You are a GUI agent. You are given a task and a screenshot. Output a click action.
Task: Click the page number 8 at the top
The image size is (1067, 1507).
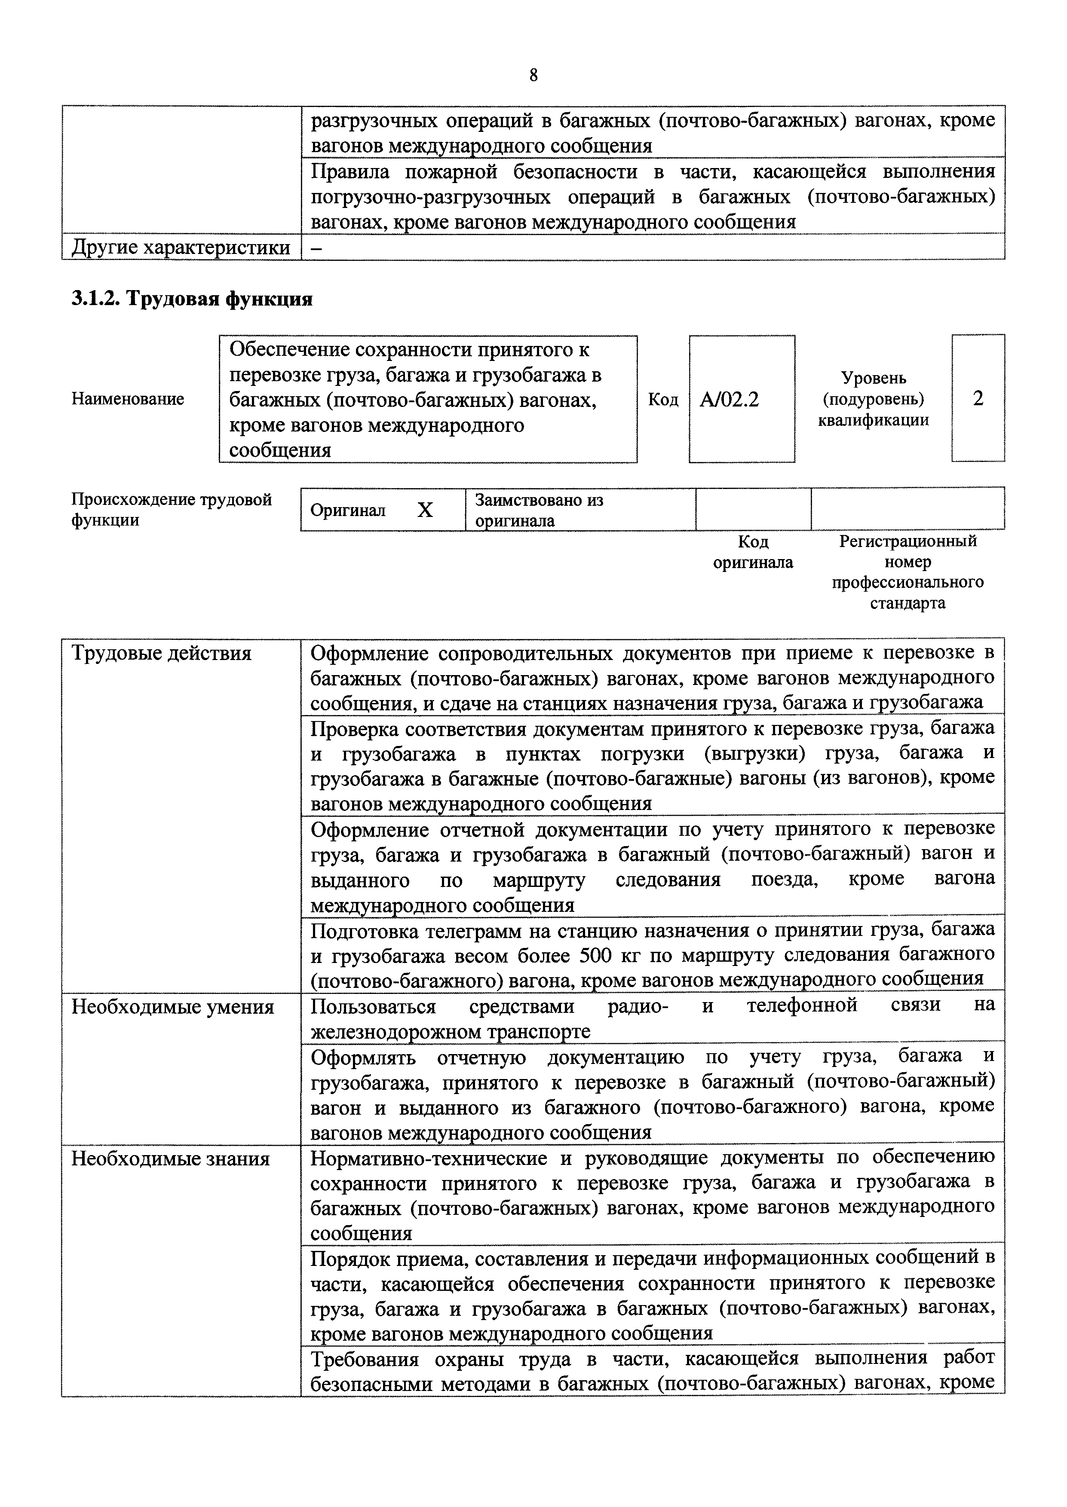tap(533, 76)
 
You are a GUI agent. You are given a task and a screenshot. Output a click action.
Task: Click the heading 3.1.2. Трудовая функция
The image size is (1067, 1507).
tap(192, 300)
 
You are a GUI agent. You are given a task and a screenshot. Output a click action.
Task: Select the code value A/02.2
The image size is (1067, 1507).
tap(729, 399)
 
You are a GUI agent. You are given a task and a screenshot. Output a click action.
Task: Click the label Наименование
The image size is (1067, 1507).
tap(127, 399)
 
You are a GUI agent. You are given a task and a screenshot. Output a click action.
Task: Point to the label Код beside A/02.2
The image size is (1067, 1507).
tap(663, 399)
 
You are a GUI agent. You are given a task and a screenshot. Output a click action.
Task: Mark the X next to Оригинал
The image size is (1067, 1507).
tap(425, 510)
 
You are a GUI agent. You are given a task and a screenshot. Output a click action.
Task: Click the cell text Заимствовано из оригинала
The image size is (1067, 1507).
tap(539, 510)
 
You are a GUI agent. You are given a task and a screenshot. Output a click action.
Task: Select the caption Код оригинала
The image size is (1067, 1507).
tap(753, 552)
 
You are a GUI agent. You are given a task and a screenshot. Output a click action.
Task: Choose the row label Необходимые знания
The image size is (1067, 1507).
tap(170, 1159)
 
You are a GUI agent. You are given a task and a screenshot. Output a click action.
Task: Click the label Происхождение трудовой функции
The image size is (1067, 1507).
tap(171, 510)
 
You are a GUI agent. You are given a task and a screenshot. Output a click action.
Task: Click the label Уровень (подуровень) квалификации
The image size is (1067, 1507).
tap(873, 399)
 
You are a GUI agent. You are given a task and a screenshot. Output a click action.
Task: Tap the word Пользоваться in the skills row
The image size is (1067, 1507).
tap(373, 1006)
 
